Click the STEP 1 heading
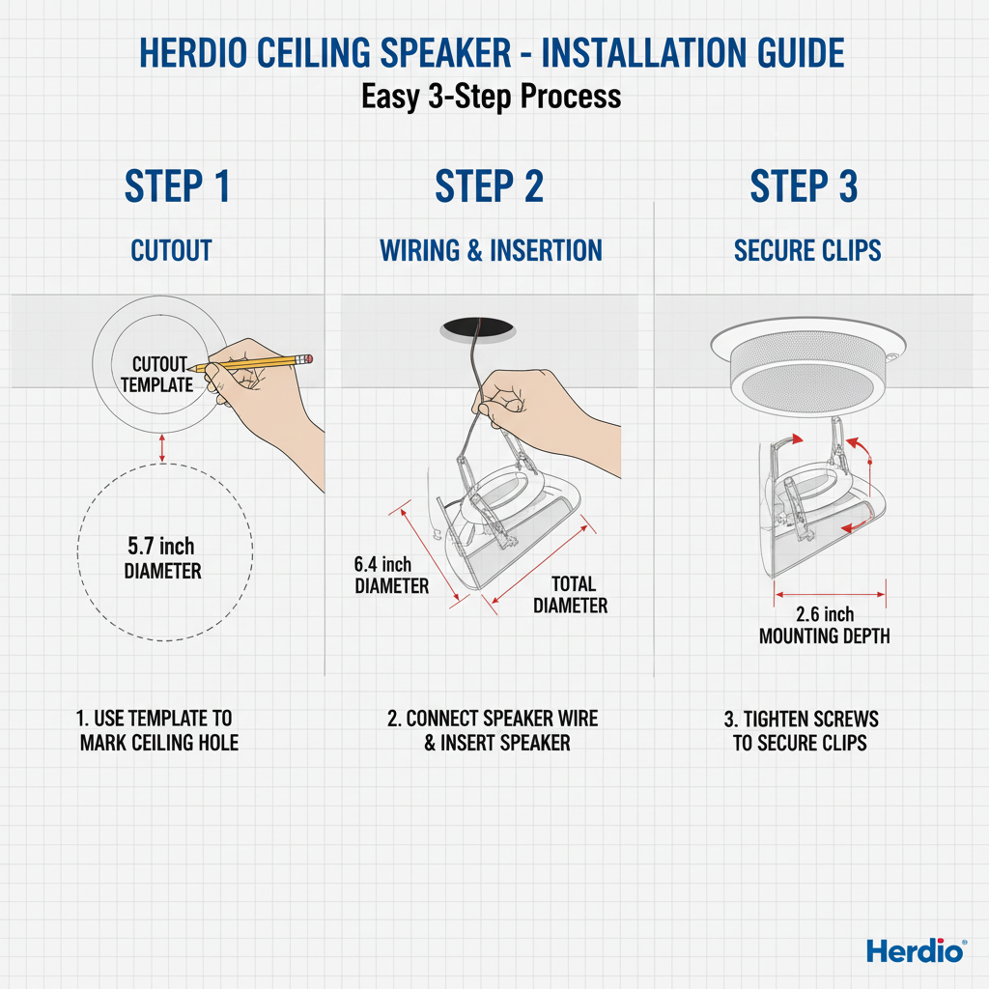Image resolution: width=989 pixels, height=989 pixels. [x=177, y=186]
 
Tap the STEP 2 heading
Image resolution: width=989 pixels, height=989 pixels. [x=489, y=186]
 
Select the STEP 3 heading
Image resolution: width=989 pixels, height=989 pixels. [x=804, y=186]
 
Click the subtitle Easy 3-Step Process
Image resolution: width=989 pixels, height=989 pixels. [x=491, y=97]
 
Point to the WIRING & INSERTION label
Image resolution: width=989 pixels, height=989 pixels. [x=491, y=251]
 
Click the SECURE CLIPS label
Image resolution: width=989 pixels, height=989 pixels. [x=807, y=251]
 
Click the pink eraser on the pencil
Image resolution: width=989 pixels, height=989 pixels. [x=309, y=358]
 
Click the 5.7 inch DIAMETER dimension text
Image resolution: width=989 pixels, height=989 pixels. [x=162, y=559]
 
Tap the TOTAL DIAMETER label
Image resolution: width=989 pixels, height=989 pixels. [x=571, y=595]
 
